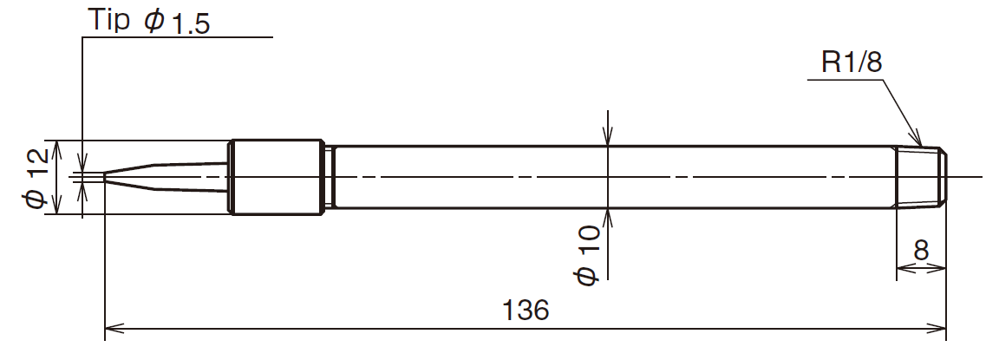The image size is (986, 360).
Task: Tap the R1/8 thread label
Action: click(x=852, y=62)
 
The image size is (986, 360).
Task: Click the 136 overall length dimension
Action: click(x=526, y=311)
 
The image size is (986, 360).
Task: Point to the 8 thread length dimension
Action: click(x=921, y=251)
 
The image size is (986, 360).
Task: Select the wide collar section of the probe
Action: click(x=277, y=177)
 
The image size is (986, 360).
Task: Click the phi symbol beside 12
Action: click(x=36, y=198)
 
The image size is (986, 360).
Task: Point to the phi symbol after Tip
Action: click(x=153, y=21)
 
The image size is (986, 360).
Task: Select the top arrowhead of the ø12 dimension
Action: click(x=58, y=147)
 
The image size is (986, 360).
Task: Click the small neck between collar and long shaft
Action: click(x=329, y=177)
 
